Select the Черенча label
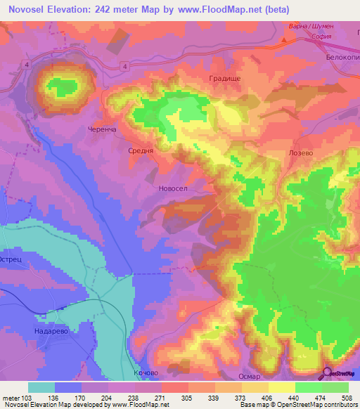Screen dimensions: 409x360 pyautogui.click(x=101, y=130)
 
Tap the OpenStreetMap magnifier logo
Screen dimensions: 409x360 pyautogui.click(x=327, y=372)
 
